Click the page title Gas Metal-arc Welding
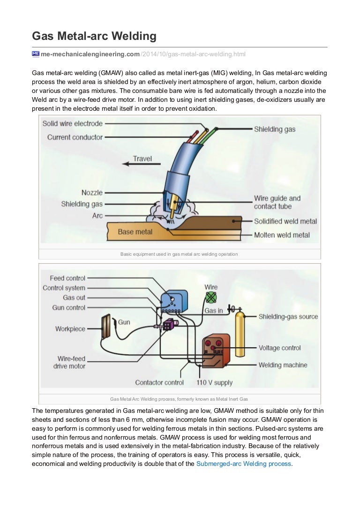94,36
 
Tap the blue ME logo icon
36,54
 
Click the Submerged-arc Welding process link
244,464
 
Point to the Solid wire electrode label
72,124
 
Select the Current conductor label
75,137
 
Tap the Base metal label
135,231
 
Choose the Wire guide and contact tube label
277,202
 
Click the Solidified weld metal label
285,221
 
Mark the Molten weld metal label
282,235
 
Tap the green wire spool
211,297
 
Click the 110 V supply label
214,382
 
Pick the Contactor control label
159,382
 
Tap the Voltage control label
279,348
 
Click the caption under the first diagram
179,254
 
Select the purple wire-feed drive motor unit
167,325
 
